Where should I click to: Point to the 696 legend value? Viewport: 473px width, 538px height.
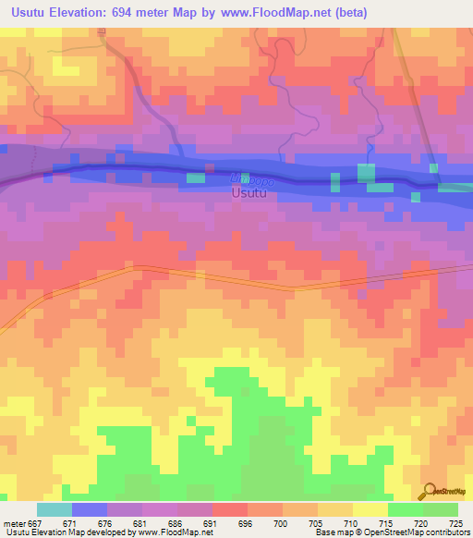(246, 522)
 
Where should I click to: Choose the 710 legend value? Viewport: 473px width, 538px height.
(351, 522)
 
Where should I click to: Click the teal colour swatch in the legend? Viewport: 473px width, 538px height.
(54, 509)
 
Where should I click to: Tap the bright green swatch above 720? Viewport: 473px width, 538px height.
(405, 509)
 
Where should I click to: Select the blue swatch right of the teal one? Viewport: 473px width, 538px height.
(89, 509)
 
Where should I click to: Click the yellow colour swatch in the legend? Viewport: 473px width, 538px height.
(370, 509)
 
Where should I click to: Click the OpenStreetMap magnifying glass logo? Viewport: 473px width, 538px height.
(430, 490)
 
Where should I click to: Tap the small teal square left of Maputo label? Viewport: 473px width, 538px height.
(195, 177)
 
